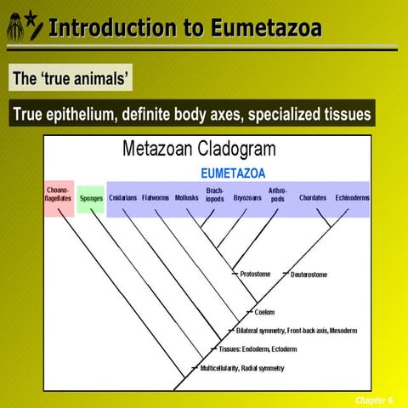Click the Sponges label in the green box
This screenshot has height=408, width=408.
pyautogui.click(x=90, y=198)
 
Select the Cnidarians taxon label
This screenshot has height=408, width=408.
pyautogui.click(x=123, y=198)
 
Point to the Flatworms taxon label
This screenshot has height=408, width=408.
pyautogui.click(x=156, y=198)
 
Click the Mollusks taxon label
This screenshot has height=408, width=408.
pyautogui.click(x=186, y=198)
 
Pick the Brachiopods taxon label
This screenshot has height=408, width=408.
pyautogui.click(x=215, y=195)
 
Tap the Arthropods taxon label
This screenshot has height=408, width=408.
pyautogui.click(x=277, y=195)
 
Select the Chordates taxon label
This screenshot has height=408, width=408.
pyautogui.click(x=312, y=198)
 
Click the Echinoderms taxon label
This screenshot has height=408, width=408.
pyautogui.click(x=352, y=198)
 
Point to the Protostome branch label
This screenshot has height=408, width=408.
pyautogui.click(x=255, y=275)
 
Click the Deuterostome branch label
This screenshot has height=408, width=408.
pyautogui.click(x=309, y=275)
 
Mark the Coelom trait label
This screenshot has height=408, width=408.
pyautogui.click(x=264, y=312)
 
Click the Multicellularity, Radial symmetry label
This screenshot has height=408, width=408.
pyautogui.click(x=241, y=368)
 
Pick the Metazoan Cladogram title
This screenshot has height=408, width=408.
pyautogui.click(x=200, y=150)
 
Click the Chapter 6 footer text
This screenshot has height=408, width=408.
pyautogui.click(x=374, y=399)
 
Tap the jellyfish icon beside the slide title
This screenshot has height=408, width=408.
pyautogui.click(x=14, y=28)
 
